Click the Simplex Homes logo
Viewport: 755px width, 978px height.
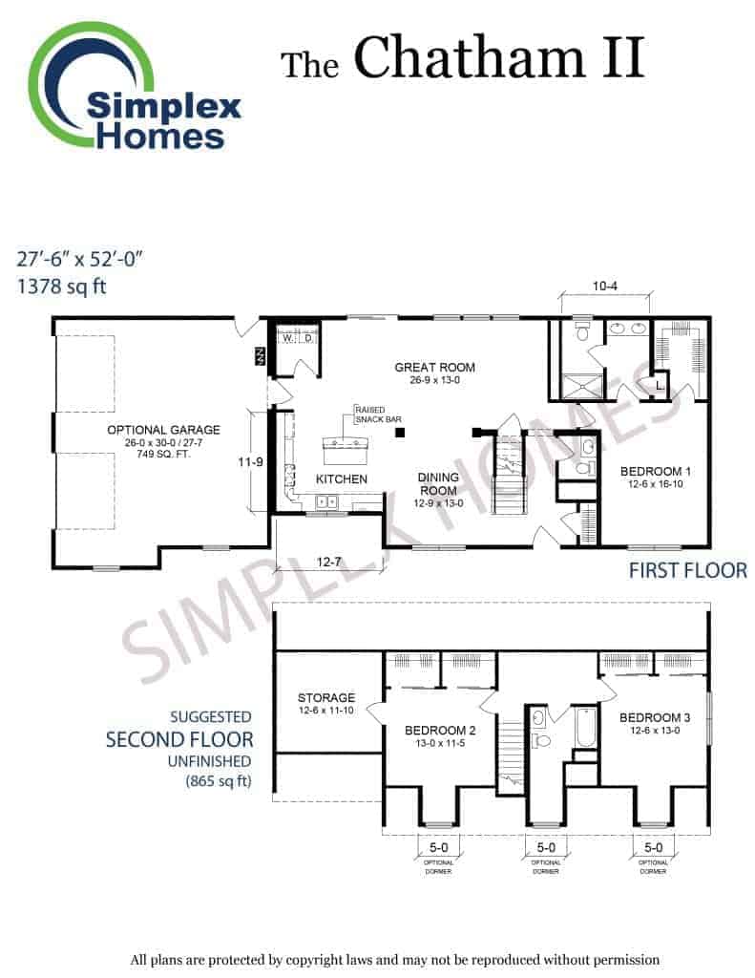(x=134, y=87)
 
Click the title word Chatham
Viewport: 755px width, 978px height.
(x=470, y=57)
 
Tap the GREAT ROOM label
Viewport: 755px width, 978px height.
(x=434, y=368)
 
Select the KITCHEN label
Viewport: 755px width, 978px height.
(x=341, y=479)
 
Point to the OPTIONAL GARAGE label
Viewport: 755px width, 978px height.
(x=163, y=430)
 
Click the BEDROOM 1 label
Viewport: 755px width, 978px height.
(x=655, y=472)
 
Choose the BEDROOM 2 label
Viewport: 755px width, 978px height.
(x=440, y=731)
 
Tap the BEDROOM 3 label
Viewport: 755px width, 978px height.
(x=655, y=718)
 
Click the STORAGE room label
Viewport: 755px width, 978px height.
(x=326, y=698)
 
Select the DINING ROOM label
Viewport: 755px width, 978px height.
(x=438, y=484)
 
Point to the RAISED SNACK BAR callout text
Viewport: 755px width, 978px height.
(x=378, y=415)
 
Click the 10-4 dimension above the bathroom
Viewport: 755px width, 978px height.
(x=605, y=287)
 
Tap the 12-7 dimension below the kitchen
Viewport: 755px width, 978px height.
(x=328, y=562)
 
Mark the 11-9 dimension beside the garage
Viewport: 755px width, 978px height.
(x=250, y=462)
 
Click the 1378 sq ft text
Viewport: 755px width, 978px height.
(x=61, y=287)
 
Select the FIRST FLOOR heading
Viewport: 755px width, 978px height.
(x=687, y=570)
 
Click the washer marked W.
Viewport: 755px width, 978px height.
(x=287, y=338)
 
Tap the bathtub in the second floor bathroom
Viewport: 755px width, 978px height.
(x=586, y=727)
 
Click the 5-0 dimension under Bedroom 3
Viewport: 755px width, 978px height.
(x=653, y=848)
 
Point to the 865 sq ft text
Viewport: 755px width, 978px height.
(x=219, y=781)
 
